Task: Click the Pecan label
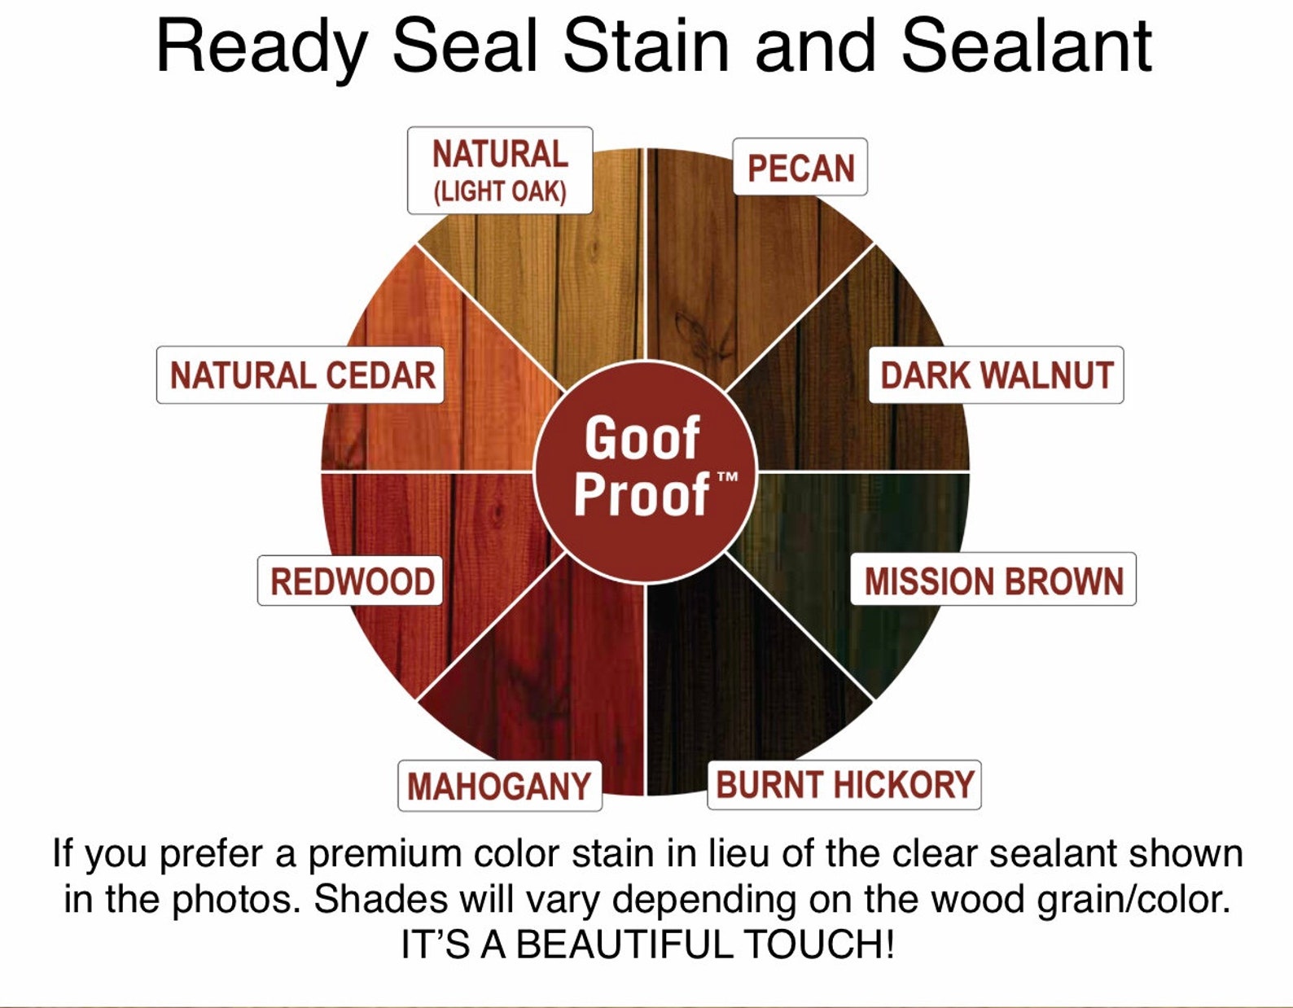click(x=800, y=167)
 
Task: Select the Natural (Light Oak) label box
click(x=500, y=171)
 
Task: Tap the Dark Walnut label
click(x=996, y=375)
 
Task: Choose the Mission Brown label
click(x=993, y=580)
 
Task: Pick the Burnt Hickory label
click(x=844, y=784)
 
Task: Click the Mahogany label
click(x=500, y=786)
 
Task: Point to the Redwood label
click(x=350, y=581)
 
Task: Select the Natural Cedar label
click(x=300, y=375)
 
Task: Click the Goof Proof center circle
click(x=646, y=472)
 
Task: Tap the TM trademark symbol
click(x=727, y=476)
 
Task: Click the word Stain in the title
click(x=646, y=46)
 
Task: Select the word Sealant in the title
click(x=1027, y=46)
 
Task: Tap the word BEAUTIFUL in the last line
click(x=623, y=944)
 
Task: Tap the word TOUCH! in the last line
click(x=819, y=944)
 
